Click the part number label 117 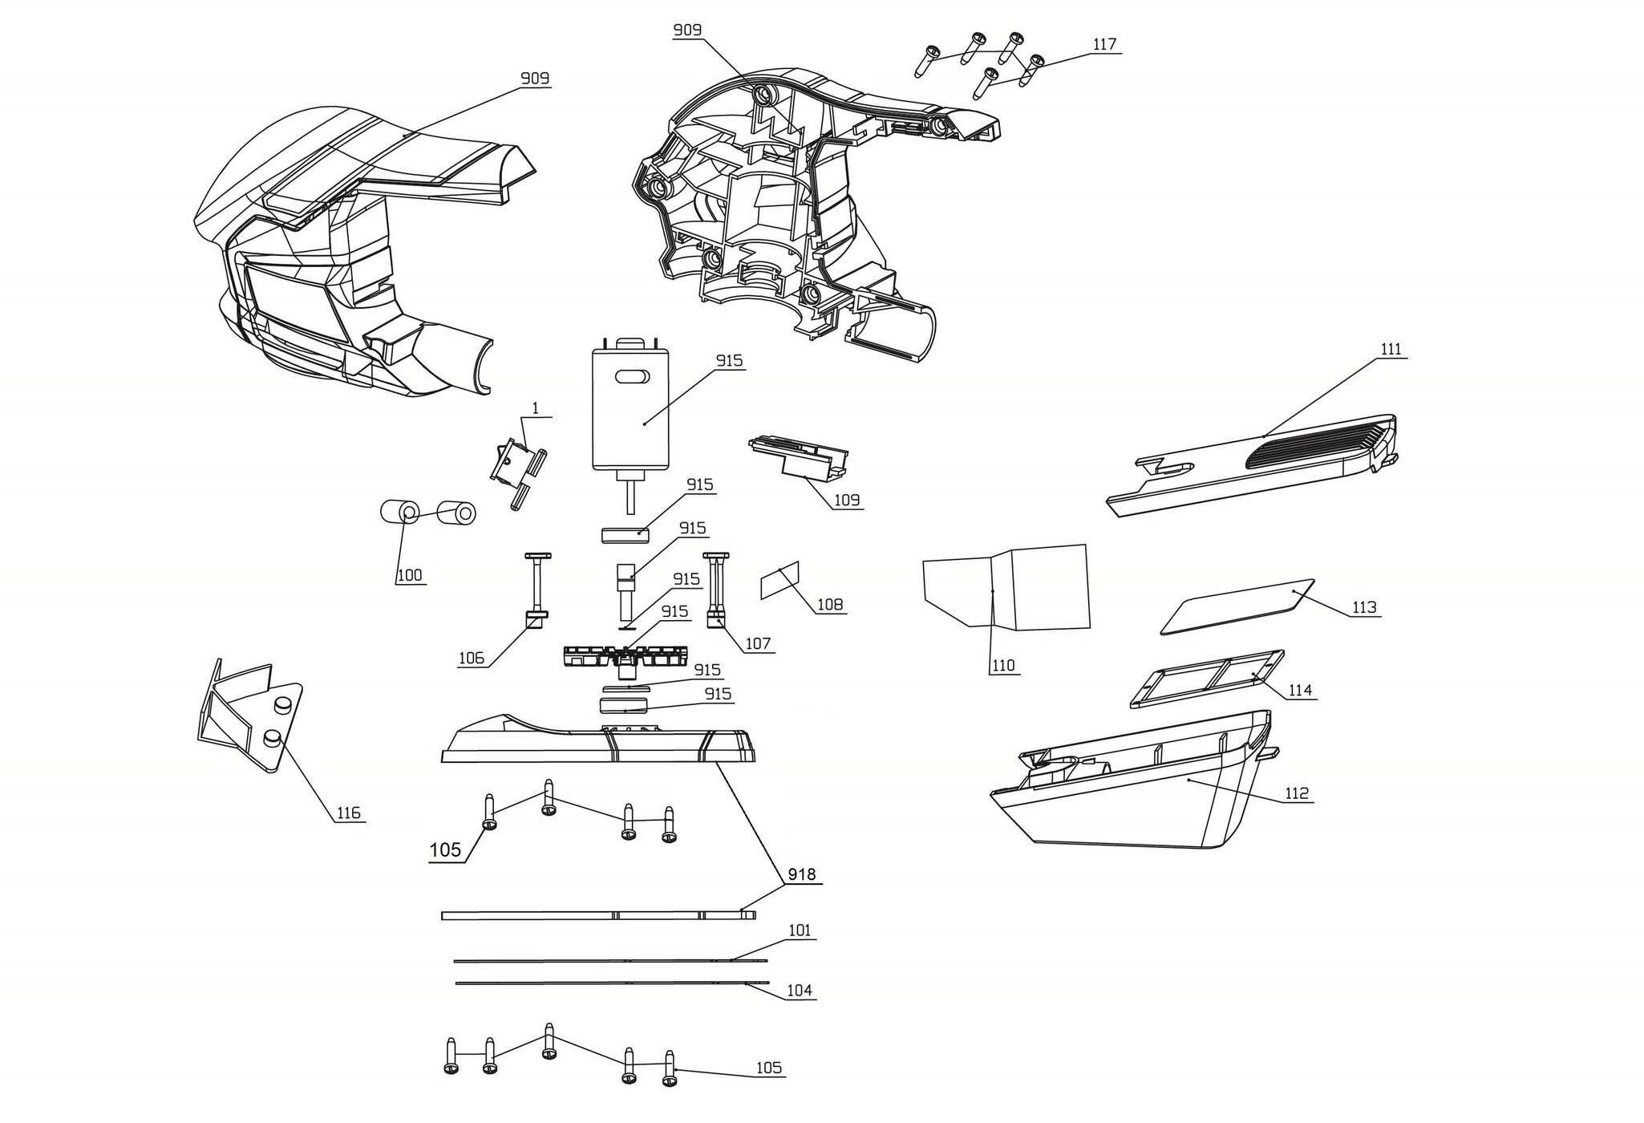point(1104,45)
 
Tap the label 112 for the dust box point(1296,793)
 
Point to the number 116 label point(348,813)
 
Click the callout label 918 point(801,874)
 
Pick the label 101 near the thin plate point(800,930)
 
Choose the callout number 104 point(799,990)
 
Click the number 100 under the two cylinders point(409,575)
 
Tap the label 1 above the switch point(536,409)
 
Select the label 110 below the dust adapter point(1003,665)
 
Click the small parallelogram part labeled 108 point(779,581)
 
